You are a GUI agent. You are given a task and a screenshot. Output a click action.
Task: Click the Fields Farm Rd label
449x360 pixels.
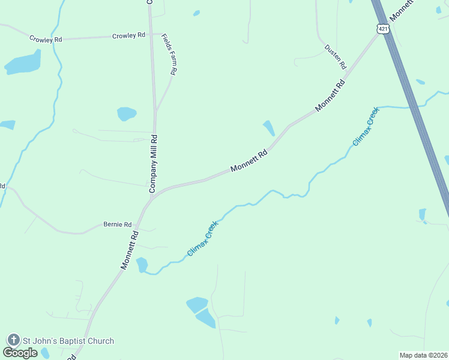(169, 53)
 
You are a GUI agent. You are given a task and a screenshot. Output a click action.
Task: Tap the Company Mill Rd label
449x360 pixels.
(154, 163)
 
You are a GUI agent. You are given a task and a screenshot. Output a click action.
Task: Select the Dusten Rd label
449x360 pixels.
(336, 56)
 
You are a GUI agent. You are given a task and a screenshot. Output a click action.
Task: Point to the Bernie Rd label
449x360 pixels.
(117, 224)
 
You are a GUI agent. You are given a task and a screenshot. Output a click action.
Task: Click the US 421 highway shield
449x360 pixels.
(383, 28)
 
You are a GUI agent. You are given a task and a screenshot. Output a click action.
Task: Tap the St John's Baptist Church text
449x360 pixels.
(68, 341)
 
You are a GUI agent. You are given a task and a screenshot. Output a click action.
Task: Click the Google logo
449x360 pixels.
(20, 353)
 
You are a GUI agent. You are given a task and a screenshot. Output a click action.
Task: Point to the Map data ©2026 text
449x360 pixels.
(423, 355)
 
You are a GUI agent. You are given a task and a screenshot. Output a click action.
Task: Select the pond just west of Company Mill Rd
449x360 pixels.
(127, 113)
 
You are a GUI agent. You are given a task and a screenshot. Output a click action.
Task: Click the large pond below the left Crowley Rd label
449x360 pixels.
(23, 62)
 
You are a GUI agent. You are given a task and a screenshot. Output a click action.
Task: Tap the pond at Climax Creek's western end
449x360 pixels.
(142, 264)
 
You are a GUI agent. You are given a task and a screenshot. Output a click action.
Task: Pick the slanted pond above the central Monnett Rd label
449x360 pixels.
(268, 127)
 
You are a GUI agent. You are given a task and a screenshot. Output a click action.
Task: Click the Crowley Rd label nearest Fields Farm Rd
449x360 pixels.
(129, 35)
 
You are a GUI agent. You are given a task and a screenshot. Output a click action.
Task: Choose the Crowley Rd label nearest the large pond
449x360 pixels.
(46, 39)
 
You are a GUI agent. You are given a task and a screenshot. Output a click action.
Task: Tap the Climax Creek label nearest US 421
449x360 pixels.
(366, 127)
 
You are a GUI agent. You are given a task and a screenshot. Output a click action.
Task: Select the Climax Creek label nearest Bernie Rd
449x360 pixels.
(203, 238)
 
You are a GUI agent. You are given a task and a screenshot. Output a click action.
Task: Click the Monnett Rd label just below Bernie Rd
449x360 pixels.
(130, 250)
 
